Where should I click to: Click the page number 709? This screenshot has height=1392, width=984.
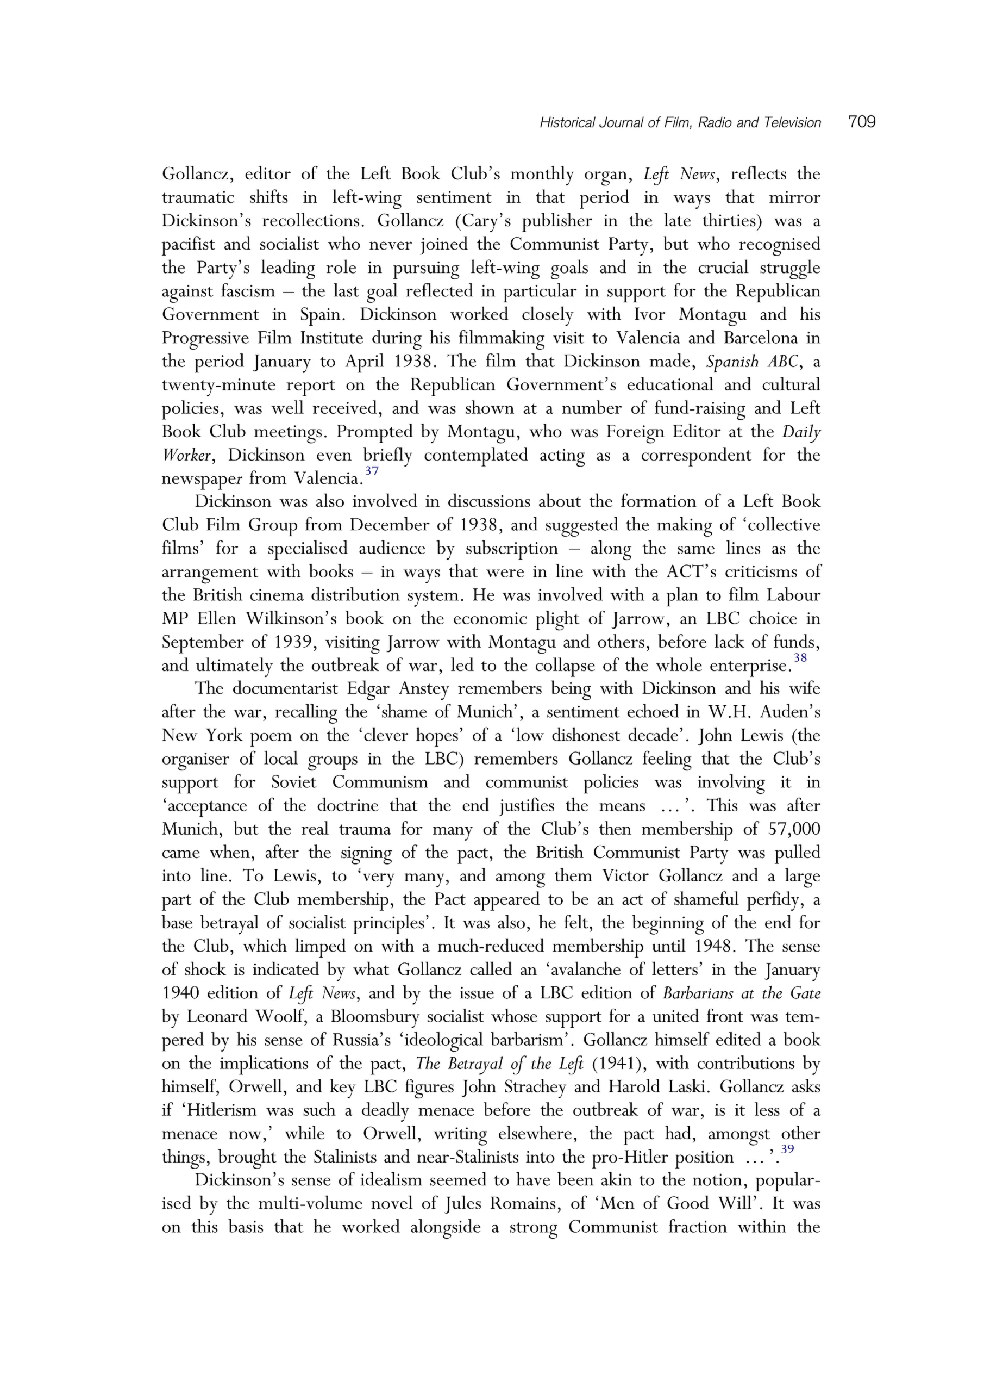[862, 122]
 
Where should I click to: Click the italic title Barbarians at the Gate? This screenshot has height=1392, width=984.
[742, 993]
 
